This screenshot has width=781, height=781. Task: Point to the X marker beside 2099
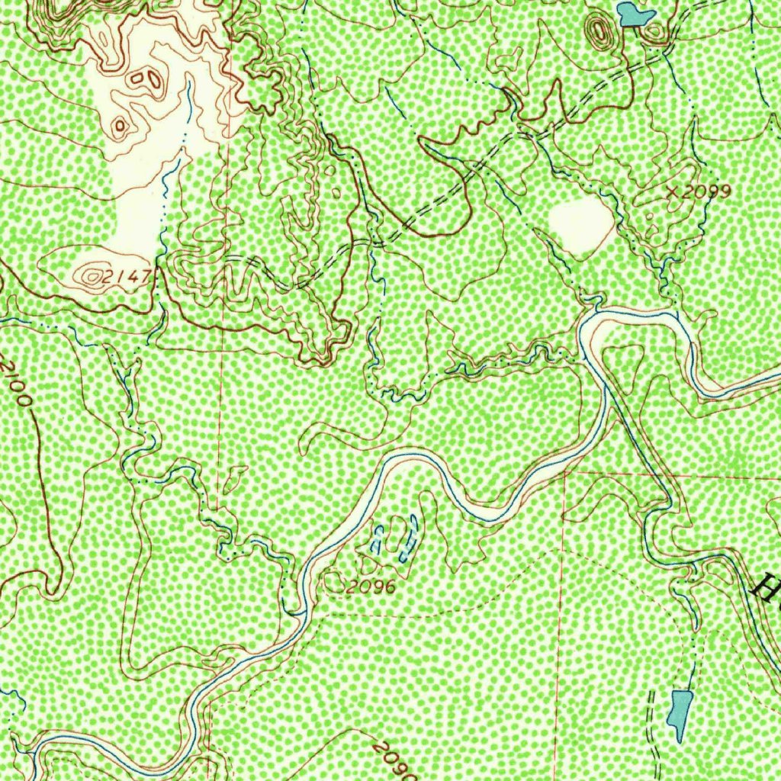coord(672,192)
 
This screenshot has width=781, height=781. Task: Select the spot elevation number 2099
coord(706,191)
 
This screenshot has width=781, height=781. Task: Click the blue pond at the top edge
coord(635,14)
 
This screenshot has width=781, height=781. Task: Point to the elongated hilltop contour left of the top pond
coord(599,33)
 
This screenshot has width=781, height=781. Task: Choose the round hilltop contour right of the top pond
coord(657,31)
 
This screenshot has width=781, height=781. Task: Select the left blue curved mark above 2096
coord(377,540)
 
